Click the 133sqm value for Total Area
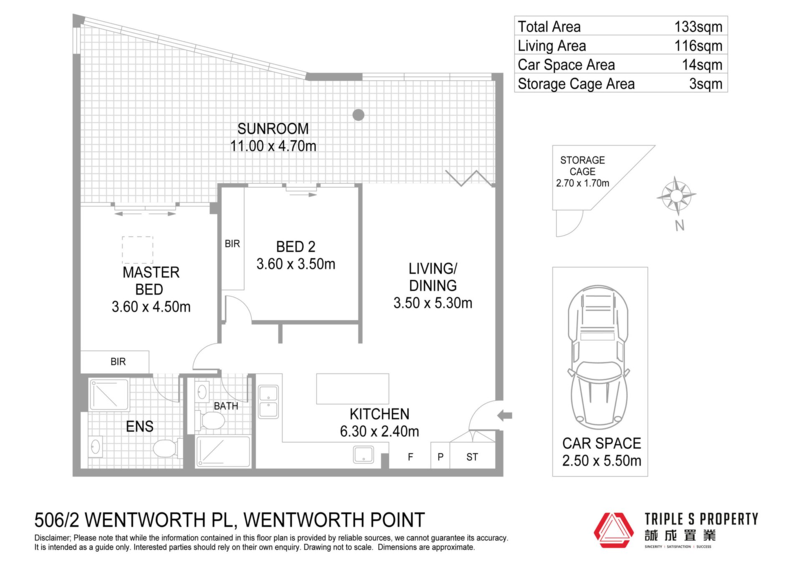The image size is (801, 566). click(x=698, y=27)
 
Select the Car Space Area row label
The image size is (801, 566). click(x=566, y=65)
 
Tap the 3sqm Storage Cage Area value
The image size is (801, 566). click(x=705, y=84)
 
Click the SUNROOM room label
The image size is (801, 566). click(x=273, y=128)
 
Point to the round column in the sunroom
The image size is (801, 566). click(x=358, y=115)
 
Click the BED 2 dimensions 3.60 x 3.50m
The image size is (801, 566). click(x=296, y=264)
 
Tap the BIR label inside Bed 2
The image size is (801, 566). click(x=232, y=244)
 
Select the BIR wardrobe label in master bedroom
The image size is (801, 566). click(x=118, y=362)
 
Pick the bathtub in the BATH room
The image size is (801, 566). click(x=224, y=451)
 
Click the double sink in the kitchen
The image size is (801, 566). click(x=268, y=402)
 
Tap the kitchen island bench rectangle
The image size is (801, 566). click(x=353, y=389)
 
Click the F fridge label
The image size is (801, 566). click(x=411, y=457)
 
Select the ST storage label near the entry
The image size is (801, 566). click(x=472, y=457)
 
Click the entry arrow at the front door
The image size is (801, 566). click(x=505, y=415)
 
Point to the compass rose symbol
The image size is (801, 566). click(x=676, y=196)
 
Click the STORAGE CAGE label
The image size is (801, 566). click(x=582, y=166)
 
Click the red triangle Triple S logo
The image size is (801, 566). click(x=614, y=530)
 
